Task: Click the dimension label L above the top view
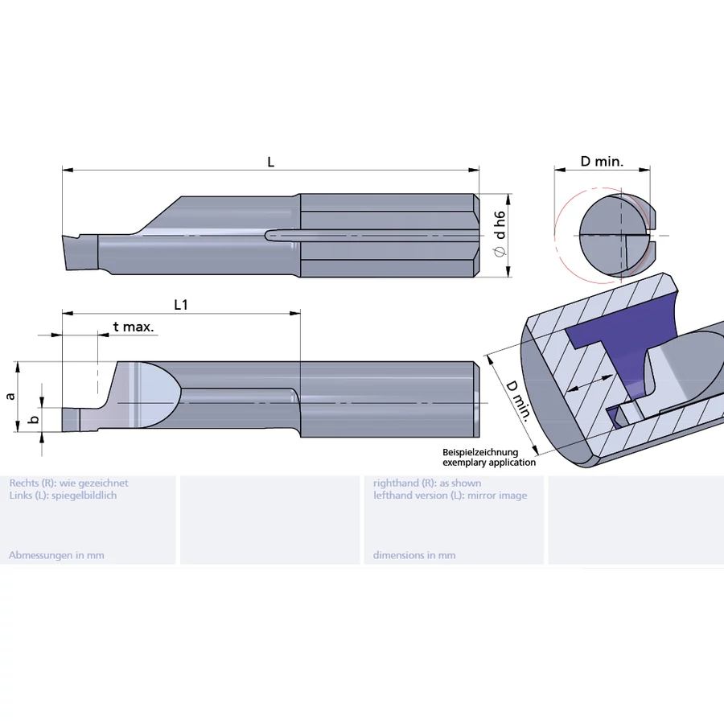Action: (271, 162)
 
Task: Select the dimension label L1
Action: (181, 305)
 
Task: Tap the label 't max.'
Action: (134, 327)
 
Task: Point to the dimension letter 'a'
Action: (10, 396)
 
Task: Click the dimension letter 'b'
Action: (32, 419)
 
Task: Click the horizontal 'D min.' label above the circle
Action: (602, 161)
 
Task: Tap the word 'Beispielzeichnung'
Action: (480, 453)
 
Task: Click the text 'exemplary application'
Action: (489, 463)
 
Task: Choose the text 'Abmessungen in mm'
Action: (56, 555)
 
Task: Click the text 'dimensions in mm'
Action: (414, 555)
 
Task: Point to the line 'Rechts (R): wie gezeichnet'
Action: (68, 483)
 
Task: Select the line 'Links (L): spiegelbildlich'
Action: (63, 496)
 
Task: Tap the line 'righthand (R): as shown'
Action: (427, 483)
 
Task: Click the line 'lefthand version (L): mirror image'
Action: (450, 496)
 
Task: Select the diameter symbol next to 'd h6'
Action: (500, 253)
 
